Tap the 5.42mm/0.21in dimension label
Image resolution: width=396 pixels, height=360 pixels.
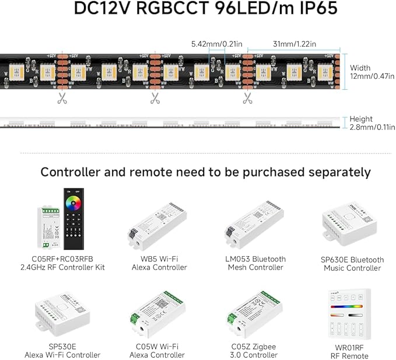[x=217, y=44]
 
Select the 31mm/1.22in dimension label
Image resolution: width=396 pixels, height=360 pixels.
[x=295, y=44]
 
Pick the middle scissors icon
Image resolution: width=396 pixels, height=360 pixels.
[x=155, y=98]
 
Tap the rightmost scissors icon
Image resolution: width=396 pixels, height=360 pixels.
[x=247, y=98]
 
